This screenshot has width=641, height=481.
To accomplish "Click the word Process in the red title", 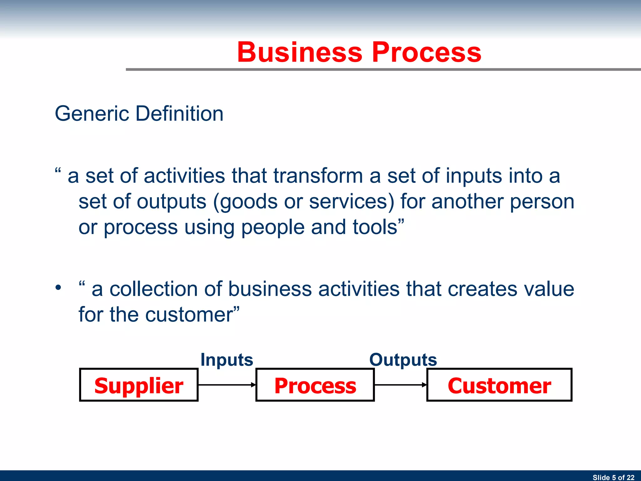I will (x=426, y=52).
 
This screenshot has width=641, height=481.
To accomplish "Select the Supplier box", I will (x=139, y=385).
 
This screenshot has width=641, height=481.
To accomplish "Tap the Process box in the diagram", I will (x=315, y=385).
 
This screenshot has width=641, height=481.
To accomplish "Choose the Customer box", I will (x=499, y=385).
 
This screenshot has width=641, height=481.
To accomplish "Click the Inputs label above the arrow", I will (x=227, y=360).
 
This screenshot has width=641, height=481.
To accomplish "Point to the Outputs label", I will (x=403, y=360).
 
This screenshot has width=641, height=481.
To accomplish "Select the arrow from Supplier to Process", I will (x=227, y=385).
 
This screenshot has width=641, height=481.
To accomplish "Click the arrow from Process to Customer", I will (x=400, y=385).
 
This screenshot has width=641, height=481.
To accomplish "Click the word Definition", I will (x=180, y=113).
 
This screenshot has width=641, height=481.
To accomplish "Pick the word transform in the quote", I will (x=318, y=176).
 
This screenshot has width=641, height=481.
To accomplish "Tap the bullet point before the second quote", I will (x=58, y=287).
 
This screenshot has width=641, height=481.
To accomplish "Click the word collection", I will (x=153, y=289).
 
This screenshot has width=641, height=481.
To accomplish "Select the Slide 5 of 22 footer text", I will (x=613, y=477).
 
